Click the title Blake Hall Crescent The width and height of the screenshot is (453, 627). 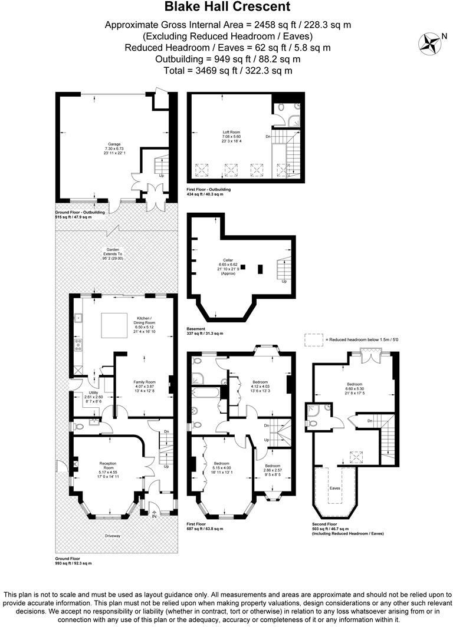click(x=227, y=7)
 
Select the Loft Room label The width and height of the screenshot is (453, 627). click(x=231, y=132)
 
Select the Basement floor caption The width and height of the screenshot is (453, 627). click(x=196, y=329)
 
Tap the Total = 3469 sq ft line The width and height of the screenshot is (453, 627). click(x=227, y=70)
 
